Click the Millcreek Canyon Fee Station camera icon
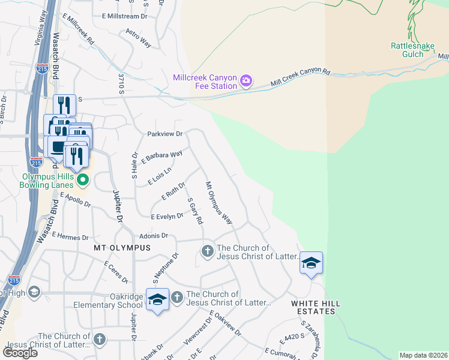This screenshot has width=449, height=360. click(x=246, y=80)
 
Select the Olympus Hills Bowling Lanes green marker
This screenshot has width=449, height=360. click(x=84, y=179)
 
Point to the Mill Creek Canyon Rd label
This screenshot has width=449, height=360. click(x=301, y=77)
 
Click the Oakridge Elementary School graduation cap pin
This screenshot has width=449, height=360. click(x=157, y=299)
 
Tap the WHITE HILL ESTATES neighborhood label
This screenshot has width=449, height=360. click(x=316, y=307)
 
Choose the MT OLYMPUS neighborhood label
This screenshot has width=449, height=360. click(x=122, y=247)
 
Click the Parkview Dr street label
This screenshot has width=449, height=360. click(x=164, y=134)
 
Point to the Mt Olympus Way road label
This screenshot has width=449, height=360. click(x=218, y=203)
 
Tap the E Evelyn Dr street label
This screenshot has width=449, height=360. click(x=166, y=216)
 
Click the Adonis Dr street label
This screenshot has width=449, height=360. click(x=152, y=236)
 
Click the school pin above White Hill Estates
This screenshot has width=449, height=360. click(x=312, y=263)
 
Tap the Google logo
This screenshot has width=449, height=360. click(x=20, y=353)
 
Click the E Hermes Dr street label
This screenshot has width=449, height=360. click(x=70, y=237)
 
